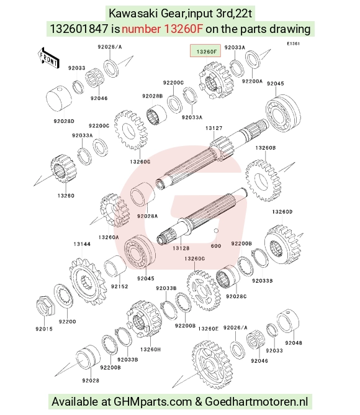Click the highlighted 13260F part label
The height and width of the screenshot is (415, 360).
pyautogui.click(x=205, y=52)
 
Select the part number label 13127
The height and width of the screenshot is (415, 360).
pyautogui.click(x=214, y=128)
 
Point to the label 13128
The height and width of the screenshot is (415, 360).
pyautogui.click(x=181, y=248)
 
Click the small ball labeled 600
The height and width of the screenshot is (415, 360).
pyautogui.click(x=216, y=230)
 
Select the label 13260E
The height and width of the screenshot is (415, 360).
pyautogui.click(x=208, y=329)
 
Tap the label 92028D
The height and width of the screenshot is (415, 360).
pyautogui.click(x=64, y=121)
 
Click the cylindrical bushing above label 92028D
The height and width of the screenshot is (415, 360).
pyautogui.click(x=59, y=99)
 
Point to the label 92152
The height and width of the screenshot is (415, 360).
pyautogui.click(x=119, y=286)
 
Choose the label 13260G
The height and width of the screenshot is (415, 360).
pyautogui.click(x=140, y=162)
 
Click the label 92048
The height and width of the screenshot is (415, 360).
pyautogui.click(x=294, y=343)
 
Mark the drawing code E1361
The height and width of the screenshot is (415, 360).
pyautogui.click(x=294, y=43)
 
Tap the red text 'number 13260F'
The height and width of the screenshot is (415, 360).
pyautogui.click(x=163, y=29)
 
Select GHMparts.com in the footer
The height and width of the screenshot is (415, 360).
pyautogui.click(x=152, y=402)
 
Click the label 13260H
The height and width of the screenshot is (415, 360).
pyautogui.click(x=150, y=349)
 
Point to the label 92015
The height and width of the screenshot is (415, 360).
pyautogui.click(x=44, y=329)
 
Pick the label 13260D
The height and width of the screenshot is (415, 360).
pyautogui.click(x=282, y=212)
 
